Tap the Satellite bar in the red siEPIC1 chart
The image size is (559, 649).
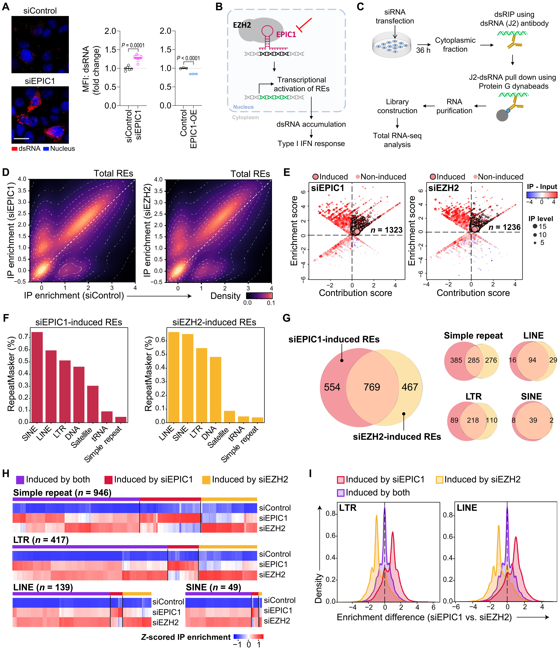click(x=93, y=404)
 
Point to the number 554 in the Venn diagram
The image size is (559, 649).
click(x=332, y=387)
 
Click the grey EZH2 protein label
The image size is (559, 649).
click(x=242, y=25)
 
